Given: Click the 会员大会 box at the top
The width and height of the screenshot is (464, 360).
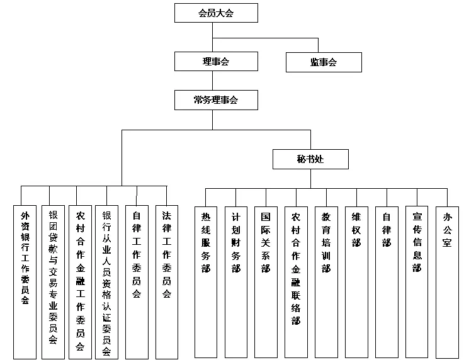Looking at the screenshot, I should tap(215, 13).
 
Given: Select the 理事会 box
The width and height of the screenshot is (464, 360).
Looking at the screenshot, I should tap(215, 61).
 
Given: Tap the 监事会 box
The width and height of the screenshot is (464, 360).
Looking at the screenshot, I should tap(324, 62).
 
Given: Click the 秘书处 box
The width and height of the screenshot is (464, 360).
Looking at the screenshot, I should tap(310, 159).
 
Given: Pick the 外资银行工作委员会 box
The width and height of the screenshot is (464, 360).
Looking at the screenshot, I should tap(25, 281).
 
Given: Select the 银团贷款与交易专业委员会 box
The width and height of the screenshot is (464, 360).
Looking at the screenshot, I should tap(53, 281).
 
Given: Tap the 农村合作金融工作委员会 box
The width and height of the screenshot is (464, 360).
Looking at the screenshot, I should tap(80, 281).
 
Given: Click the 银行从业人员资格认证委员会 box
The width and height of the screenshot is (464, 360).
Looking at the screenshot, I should tap(106, 281).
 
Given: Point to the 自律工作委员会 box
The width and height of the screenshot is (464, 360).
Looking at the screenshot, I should tap(137, 281).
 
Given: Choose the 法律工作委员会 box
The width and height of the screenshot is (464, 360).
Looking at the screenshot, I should tap(167, 281).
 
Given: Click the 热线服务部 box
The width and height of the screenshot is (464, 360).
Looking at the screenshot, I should tap(206, 281).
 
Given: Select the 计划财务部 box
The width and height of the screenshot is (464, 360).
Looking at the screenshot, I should tap(235, 281).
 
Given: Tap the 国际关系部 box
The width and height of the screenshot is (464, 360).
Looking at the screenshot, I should tap(266, 281).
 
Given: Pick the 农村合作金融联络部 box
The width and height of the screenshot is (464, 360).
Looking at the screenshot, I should tap(296, 281).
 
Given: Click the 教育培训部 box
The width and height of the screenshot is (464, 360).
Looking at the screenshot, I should tap(325, 281).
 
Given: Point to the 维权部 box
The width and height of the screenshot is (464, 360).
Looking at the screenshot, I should tap(356, 281).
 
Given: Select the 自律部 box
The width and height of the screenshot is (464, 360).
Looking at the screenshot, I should tap(387, 281).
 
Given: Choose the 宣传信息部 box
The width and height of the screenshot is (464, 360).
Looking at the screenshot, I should tap(417, 281).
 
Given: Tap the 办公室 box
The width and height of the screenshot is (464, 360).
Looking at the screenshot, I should tap(447, 281).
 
